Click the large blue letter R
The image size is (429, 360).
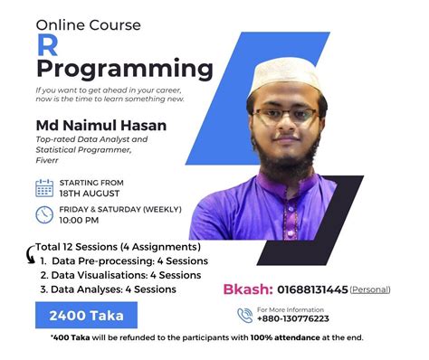46,47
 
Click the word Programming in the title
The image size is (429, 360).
125,70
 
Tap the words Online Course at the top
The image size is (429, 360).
89,24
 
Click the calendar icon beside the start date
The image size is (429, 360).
44,187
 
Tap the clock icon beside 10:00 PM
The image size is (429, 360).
44,214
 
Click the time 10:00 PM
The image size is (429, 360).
79,220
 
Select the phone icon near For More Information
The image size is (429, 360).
243,315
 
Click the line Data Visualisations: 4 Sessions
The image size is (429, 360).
114,275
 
